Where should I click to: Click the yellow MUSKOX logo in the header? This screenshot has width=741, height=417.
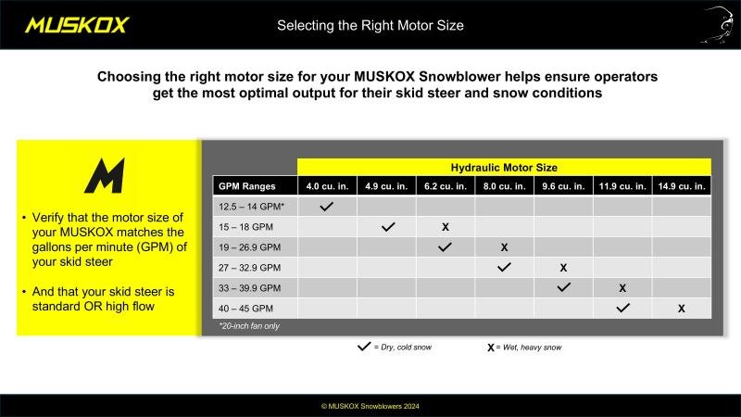[x=77, y=25]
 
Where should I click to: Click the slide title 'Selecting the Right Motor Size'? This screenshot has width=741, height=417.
[x=370, y=26]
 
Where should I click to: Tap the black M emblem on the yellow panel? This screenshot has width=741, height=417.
[x=105, y=175]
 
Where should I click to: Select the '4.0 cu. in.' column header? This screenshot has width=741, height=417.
[x=327, y=186]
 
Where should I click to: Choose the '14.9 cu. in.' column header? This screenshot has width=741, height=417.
[x=682, y=186]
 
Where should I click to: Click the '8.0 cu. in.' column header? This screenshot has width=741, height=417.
[x=504, y=186]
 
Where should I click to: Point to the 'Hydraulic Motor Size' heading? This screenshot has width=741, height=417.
[x=504, y=168]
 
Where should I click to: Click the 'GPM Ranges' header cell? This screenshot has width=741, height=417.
[x=246, y=186]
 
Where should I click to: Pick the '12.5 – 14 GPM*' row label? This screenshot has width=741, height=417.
[x=251, y=207]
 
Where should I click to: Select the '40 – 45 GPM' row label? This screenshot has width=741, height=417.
[x=245, y=309]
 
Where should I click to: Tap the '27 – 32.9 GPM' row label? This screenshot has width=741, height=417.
[x=249, y=268]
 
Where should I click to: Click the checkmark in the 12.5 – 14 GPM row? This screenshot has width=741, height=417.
[x=327, y=207]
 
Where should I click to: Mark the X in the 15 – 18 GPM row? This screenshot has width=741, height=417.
[x=446, y=227]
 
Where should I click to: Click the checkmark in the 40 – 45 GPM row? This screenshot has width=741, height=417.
[x=622, y=308]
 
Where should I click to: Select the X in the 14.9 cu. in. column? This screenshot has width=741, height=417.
[x=682, y=309]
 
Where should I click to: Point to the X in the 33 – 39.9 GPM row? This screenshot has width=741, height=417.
[x=622, y=288]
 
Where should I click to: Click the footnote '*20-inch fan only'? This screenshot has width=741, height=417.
[x=249, y=326]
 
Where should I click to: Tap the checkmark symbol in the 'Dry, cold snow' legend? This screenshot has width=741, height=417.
[x=364, y=347]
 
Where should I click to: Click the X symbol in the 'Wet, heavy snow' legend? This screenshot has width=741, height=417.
[x=491, y=347]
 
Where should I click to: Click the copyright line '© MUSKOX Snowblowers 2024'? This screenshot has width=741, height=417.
[x=370, y=406]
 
